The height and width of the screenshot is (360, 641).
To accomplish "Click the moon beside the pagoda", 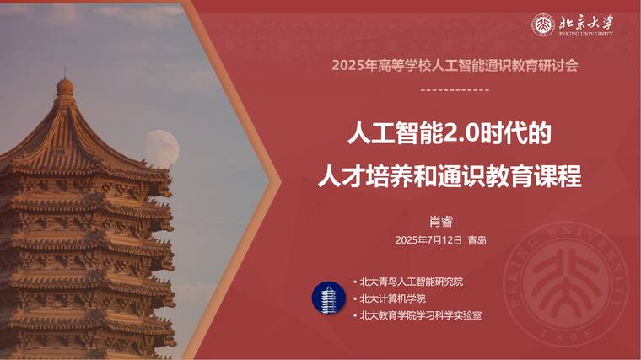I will (x=160, y=148).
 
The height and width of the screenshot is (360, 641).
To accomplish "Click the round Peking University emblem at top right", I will (x=542, y=25).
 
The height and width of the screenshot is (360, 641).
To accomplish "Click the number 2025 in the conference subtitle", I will (x=346, y=65).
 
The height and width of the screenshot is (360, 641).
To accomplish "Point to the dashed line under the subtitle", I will (x=454, y=89).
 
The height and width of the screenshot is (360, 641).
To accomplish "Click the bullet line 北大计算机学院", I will (x=392, y=298).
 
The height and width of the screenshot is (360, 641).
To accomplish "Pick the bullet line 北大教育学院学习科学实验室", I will (x=421, y=315).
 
